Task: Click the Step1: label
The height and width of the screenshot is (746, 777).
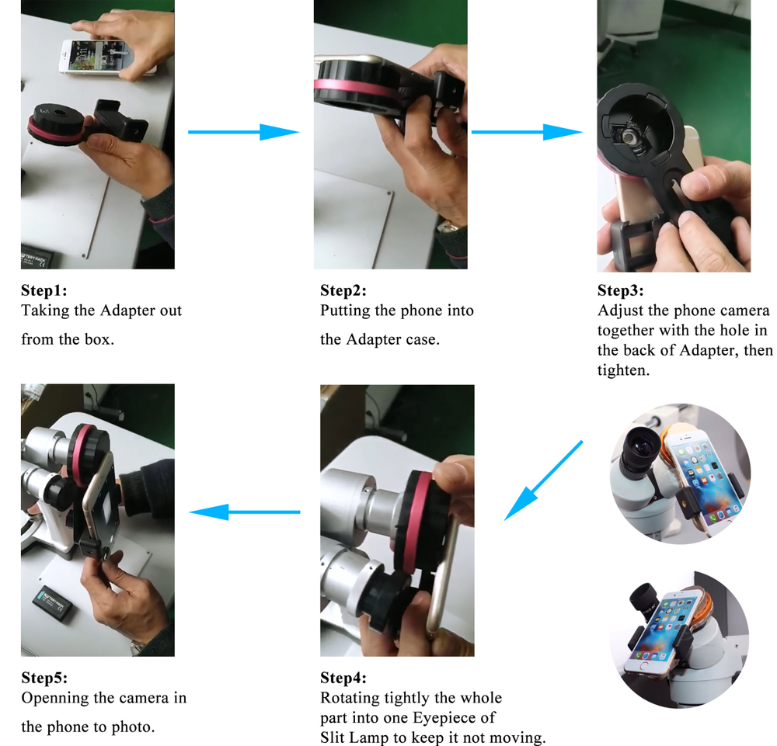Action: point(44,291)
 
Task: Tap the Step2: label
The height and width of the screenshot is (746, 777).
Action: point(343,291)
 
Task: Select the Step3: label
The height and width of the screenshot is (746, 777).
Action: point(621,291)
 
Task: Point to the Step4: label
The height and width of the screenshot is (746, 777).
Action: point(343,678)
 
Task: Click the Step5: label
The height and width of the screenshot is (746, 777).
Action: point(44,678)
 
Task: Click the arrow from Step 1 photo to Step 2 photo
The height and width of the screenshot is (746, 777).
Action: point(243,132)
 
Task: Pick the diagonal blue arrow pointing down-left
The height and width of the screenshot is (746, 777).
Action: point(543,480)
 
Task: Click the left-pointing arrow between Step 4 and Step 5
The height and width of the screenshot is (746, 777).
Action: point(246,512)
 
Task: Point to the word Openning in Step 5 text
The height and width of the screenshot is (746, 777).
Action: point(56,698)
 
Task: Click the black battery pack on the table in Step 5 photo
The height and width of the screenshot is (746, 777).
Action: point(54,601)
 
